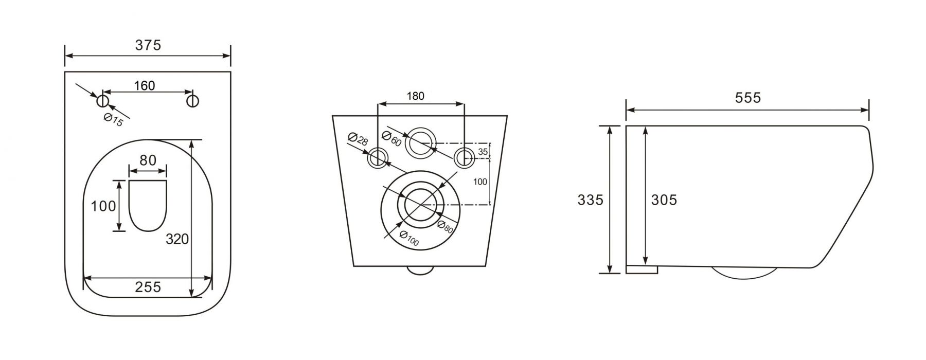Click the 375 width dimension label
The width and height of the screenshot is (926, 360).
(x=148, y=45)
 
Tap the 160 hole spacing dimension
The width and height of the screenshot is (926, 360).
(x=144, y=85)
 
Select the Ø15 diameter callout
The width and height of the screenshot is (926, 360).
(x=113, y=120)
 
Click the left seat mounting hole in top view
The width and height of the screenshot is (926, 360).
(x=102, y=100)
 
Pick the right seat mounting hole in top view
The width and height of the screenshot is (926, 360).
(x=193, y=100)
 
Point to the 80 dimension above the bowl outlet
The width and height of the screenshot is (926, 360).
(x=148, y=160)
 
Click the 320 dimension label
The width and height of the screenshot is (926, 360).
(x=177, y=239)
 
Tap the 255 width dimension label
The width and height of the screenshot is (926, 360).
(x=148, y=286)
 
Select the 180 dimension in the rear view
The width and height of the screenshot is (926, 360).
(x=416, y=96)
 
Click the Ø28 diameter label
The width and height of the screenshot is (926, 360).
(x=358, y=140)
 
